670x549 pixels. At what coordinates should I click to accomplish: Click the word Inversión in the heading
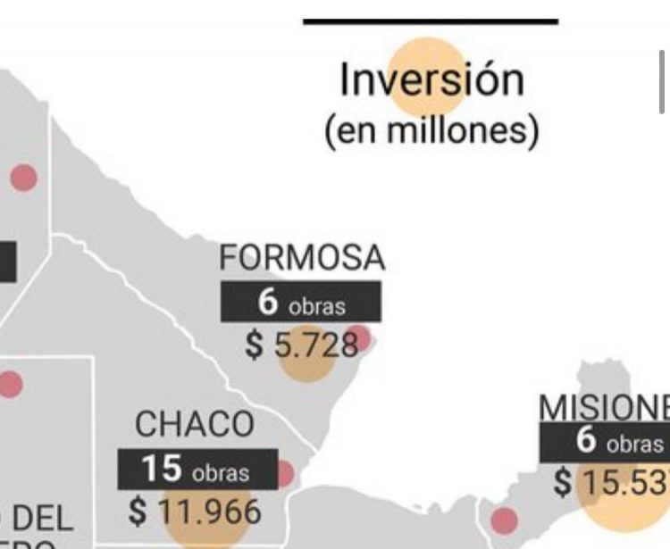(x=431, y=79)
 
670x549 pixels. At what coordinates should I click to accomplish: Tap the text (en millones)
(x=431, y=131)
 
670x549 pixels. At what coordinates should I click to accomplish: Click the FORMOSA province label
(x=302, y=258)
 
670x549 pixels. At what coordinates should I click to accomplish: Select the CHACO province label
(x=194, y=425)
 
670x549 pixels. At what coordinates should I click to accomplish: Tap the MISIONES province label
(x=604, y=408)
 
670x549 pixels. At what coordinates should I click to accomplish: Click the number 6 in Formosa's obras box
(x=268, y=303)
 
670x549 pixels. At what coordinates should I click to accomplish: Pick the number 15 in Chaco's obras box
(x=162, y=469)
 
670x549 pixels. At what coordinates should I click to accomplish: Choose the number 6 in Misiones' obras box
(x=586, y=442)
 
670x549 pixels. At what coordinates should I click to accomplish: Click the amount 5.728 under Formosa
(x=316, y=345)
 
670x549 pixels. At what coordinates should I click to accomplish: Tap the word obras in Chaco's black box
(x=219, y=472)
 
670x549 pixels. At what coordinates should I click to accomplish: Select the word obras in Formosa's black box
(x=316, y=307)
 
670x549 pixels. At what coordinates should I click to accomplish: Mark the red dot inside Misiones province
(x=504, y=520)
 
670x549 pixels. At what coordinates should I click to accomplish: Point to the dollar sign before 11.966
(x=137, y=512)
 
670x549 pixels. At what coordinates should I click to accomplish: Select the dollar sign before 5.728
(x=255, y=345)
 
